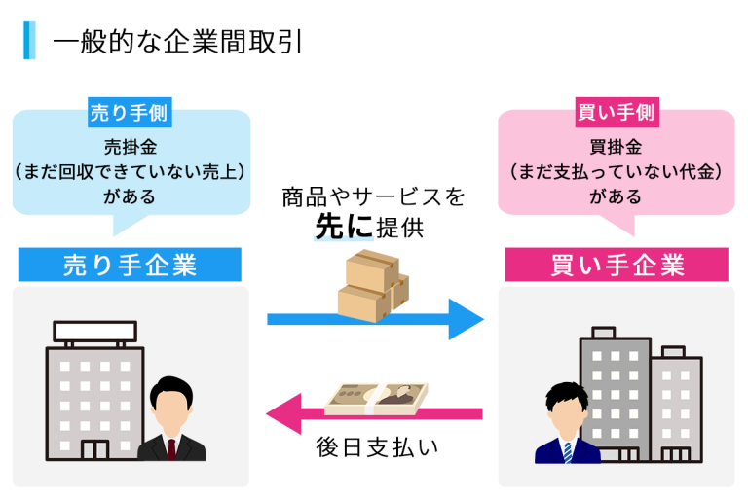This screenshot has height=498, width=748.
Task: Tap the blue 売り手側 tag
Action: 129,112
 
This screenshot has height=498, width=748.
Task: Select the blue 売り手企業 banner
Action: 130,265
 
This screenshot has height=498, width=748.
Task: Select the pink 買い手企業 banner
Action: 616,265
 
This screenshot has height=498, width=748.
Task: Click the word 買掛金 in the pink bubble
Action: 616,147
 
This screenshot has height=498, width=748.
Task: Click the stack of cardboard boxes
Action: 372,283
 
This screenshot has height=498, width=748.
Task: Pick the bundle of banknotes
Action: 376,400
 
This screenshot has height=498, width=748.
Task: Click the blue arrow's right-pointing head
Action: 466,319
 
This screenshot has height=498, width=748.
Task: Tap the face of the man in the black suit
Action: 171,409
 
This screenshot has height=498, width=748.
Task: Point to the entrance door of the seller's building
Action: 95,450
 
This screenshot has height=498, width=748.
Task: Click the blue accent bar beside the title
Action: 29,41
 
